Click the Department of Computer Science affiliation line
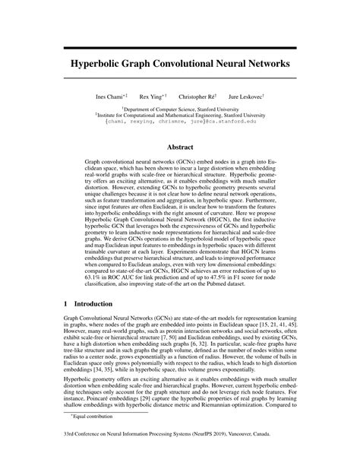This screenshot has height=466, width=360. (179, 109)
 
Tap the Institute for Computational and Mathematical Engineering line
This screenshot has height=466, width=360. (179, 115)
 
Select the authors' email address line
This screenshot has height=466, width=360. (179, 122)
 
